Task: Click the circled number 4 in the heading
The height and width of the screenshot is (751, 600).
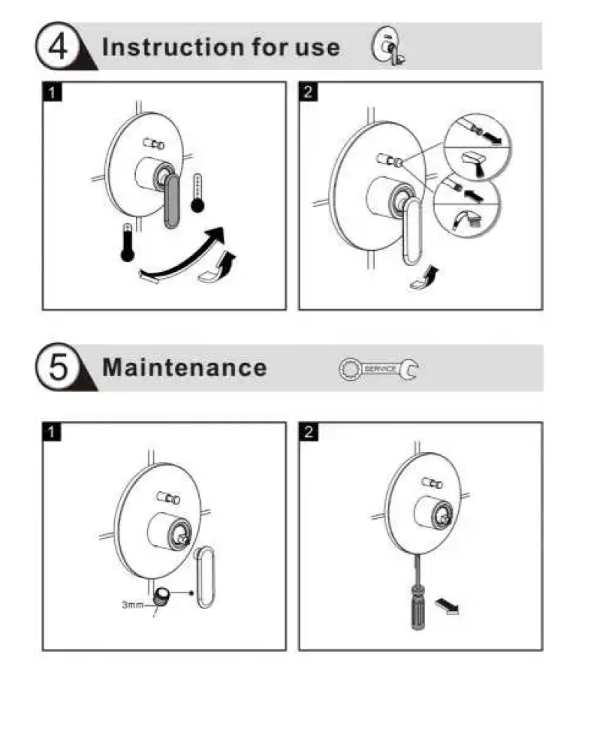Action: click(x=58, y=47)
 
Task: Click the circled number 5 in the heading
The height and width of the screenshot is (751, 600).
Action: click(x=58, y=367)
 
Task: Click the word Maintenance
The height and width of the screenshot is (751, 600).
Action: click(x=185, y=368)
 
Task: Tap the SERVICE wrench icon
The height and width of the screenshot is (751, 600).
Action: click(x=378, y=369)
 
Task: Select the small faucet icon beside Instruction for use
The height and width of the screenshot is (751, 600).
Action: click(x=388, y=46)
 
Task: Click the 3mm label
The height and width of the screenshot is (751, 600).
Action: click(x=132, y=605)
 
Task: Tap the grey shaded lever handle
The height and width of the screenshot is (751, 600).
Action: click(x=172, y=201)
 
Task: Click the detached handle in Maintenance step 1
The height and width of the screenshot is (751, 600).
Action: click(x=206, y=577)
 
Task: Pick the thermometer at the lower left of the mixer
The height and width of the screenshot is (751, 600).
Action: click(x=128, y=243)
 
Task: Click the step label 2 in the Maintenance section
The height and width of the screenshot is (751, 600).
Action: click(x=309, y=432)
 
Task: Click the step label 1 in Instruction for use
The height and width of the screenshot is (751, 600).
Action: click(x=53, y=92)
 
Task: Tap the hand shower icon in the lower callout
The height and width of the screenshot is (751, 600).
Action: click(x=467, y=219)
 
